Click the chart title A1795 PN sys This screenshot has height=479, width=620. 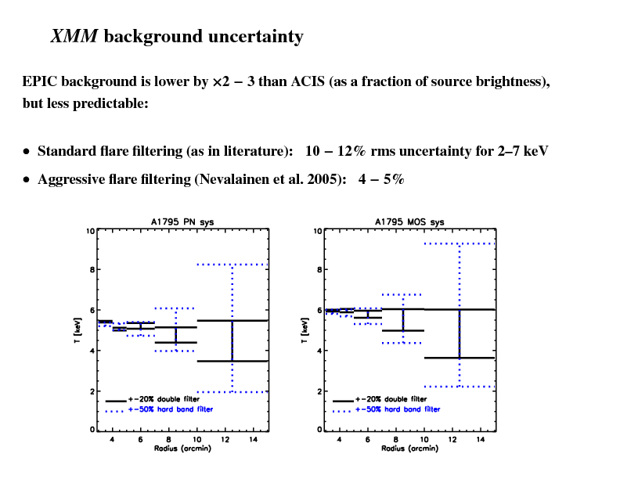click(182, 221)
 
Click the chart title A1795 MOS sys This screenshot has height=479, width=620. click(409, 221)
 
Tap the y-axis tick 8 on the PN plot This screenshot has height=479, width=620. click(92, 270)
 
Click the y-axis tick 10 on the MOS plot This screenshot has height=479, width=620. click(318, 231)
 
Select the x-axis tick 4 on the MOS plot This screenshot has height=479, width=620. click(339, 439)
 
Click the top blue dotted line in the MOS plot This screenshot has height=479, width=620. click(460, 243)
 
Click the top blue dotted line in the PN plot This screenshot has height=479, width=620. click(232, 265)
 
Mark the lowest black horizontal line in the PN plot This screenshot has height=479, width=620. click(232, 361)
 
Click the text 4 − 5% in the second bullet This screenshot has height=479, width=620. click(380, 179)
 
